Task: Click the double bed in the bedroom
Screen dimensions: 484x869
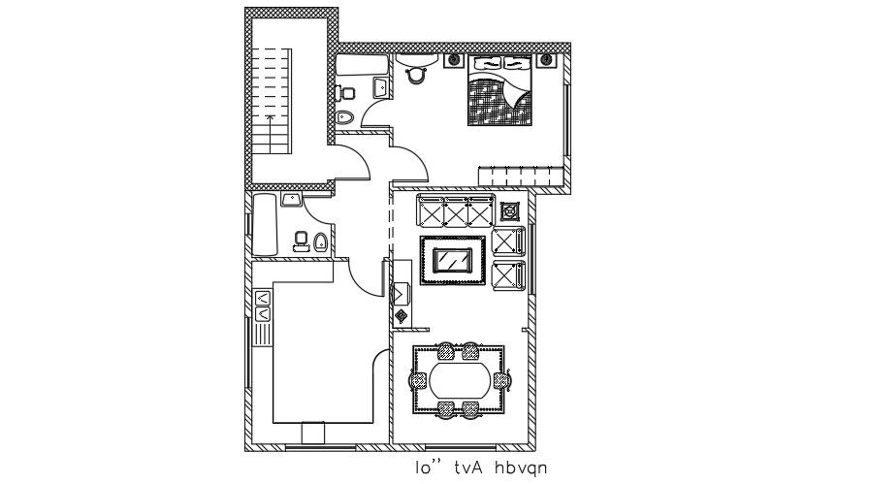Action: pos(499,95)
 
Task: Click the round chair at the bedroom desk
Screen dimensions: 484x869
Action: pos(418,70)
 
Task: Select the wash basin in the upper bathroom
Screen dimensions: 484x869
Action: pos(380,90)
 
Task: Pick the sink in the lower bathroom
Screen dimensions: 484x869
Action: pos(290,200)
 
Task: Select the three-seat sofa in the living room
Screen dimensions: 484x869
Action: pos(454,210)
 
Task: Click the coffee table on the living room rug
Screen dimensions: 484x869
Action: pos(453,260)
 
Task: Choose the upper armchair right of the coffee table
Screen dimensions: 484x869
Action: pos(508,242)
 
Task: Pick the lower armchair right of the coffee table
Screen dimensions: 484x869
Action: pos(508,275)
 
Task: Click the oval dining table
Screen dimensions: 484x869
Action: pos(460,379)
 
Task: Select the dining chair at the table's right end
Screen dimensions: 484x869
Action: pos(501,379)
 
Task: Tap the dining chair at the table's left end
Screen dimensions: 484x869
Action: pos(418,379)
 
